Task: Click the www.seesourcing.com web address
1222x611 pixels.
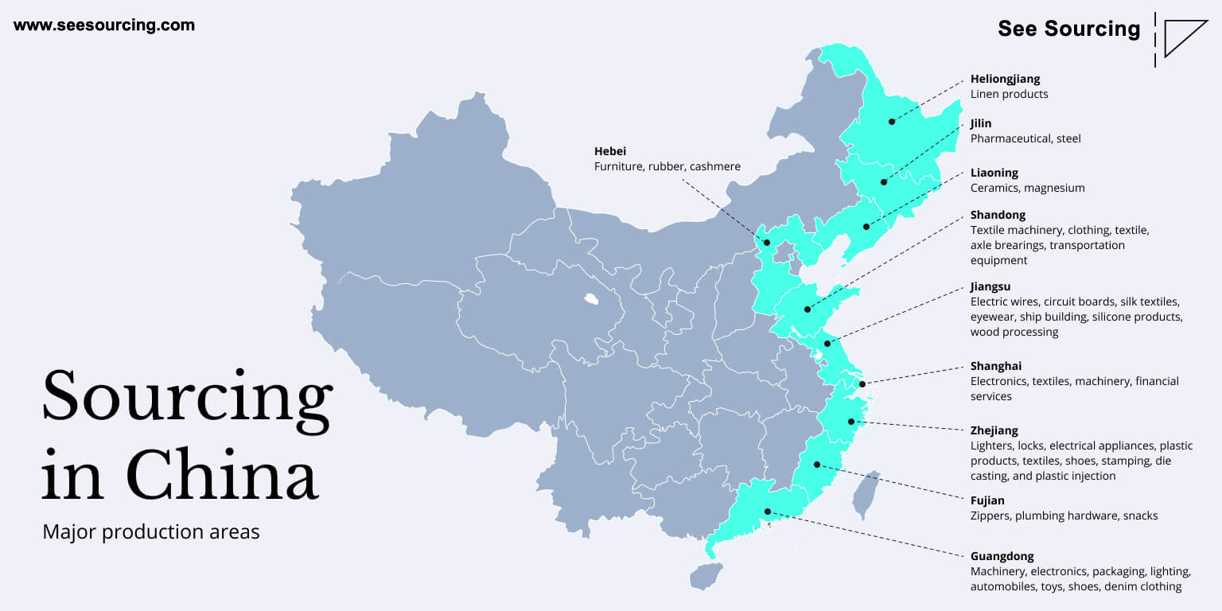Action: [x=104, y=25]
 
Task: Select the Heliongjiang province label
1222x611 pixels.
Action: [x=1005, y=79]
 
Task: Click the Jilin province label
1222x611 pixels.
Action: [x=981, y=124]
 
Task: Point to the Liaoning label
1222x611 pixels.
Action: [x=994, y=173]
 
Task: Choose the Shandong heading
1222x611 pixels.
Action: [x=998, y=215]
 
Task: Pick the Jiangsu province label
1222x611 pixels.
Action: [x=990, y=287]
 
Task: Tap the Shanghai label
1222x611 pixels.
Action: [x=995, y=366]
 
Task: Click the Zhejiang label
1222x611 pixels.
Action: [x=994, y=431]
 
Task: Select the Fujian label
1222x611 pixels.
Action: [x=987, y=500]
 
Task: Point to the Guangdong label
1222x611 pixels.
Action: [x=1002, y=556]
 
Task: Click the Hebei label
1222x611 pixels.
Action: [x=610, y=151]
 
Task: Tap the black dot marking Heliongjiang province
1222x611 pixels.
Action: [x=891, y=122]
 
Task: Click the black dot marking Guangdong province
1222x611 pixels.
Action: [x=768, y=512]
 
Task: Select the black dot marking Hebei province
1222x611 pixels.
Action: [x=766, y=243]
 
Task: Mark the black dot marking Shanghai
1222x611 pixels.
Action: [x=862, y=384]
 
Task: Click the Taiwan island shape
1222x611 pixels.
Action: [x=866, y=495]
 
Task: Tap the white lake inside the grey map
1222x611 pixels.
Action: [x=591, y=299]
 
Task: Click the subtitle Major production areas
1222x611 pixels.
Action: [x=151, y=532]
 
